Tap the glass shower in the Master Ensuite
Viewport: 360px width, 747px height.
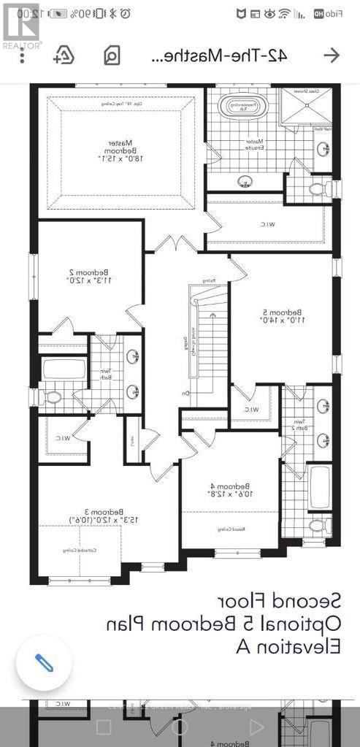coord(312,107)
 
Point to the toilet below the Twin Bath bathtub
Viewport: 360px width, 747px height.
coord(51,397)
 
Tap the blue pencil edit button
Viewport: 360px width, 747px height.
coord(44,663)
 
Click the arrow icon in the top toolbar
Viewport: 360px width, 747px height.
coord(331,55)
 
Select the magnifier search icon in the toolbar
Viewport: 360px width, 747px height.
coord(112,55)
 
